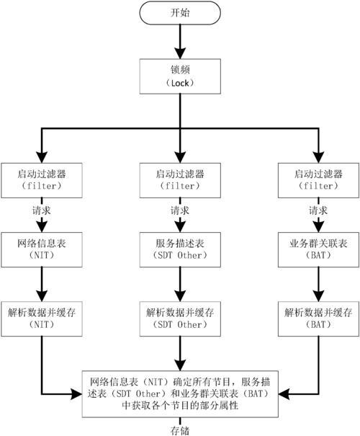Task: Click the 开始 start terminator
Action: [x=180, y=13]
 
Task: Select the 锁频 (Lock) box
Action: [x=180, y=76]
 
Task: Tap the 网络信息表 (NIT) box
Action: [x=42, y=249]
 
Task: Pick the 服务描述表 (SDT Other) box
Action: [x=180, y=249]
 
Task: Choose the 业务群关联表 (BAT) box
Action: [x=318, y=249]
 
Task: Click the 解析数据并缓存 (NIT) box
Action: [x=42, y=319]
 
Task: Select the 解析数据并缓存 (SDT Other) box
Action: [x=180, y=319]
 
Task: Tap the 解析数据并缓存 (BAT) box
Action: [x=318, y=319]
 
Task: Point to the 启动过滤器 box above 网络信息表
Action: [x=42, y=180]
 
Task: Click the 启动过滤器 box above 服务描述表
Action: [x=180, y=180]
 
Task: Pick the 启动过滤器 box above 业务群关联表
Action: [x=318, y=180]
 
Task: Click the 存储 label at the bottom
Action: [x=180, y=431]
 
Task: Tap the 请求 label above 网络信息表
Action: [x=42, y=210]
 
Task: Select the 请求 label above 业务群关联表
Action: [x=318, y=210]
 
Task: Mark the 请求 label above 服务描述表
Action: [x=180, y=210]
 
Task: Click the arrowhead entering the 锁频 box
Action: [x=180, y=53]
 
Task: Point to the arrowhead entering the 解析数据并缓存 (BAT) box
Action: [x=318, y=296]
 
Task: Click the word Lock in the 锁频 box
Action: [x=180, y=83]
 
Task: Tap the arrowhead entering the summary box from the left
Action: [x=76, y=394]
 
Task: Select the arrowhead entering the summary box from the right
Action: [x=284, y=394]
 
